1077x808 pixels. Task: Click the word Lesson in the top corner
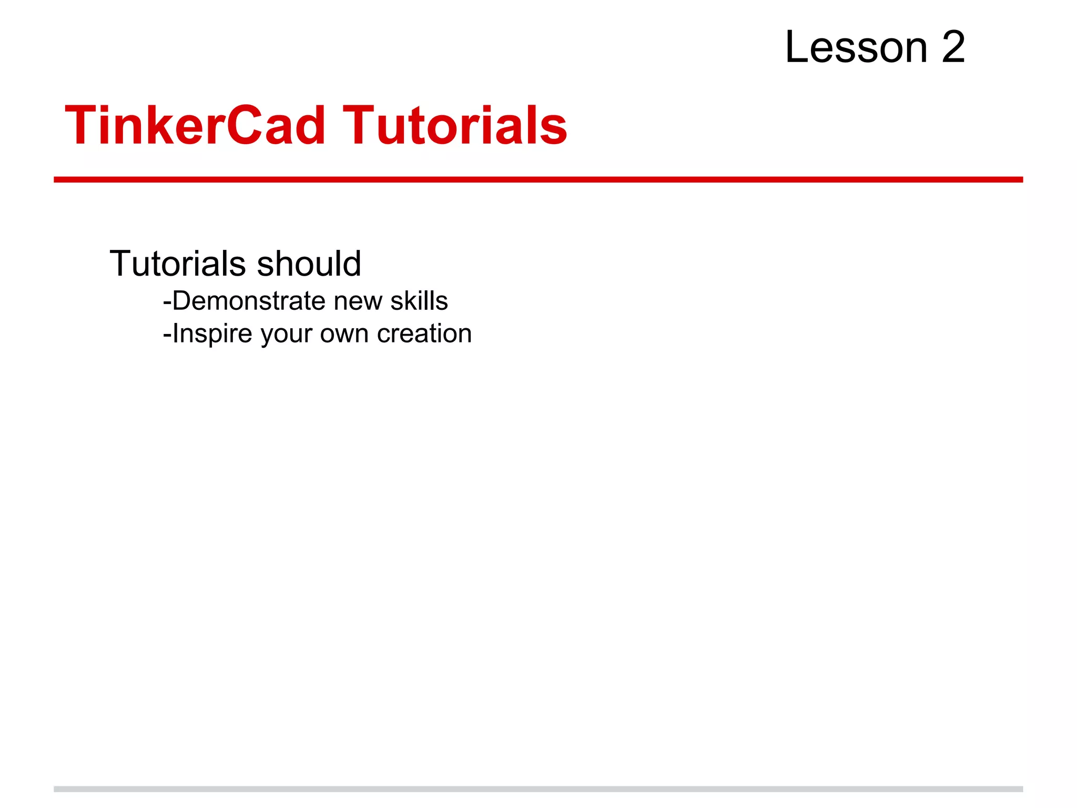click(856, 47)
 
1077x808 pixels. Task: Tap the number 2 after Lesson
click(953, 47)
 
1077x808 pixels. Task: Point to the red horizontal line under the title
click(538, 180)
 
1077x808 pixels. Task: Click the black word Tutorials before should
click(178, 263)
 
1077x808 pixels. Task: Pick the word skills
click(419, 301)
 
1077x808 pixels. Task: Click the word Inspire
click(212, 334)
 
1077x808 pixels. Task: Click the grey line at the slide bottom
click(538, 789)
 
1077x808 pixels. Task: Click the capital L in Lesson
click(796, 47)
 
